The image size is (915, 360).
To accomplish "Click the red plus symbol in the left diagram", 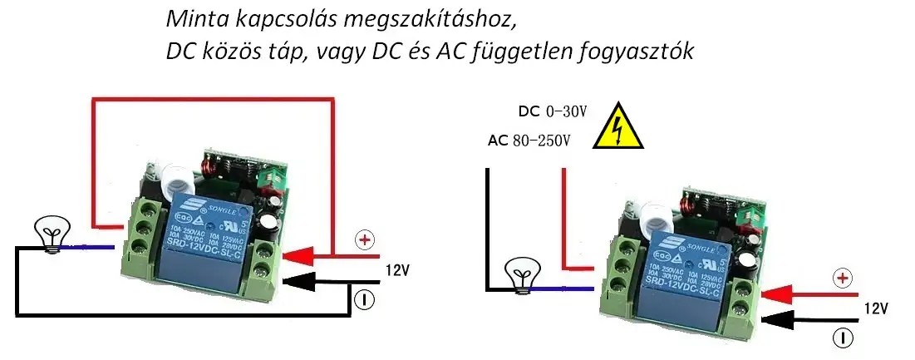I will tap(364, 240).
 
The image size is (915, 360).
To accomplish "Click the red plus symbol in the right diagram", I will tap(843, 278).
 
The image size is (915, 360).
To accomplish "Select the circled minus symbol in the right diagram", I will tap(843, 338).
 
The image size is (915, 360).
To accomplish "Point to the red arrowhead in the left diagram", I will tap(300, 253).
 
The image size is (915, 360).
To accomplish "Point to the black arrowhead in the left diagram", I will tap(300, 284).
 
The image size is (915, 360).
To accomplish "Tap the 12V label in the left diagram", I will tap(396, 269).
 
